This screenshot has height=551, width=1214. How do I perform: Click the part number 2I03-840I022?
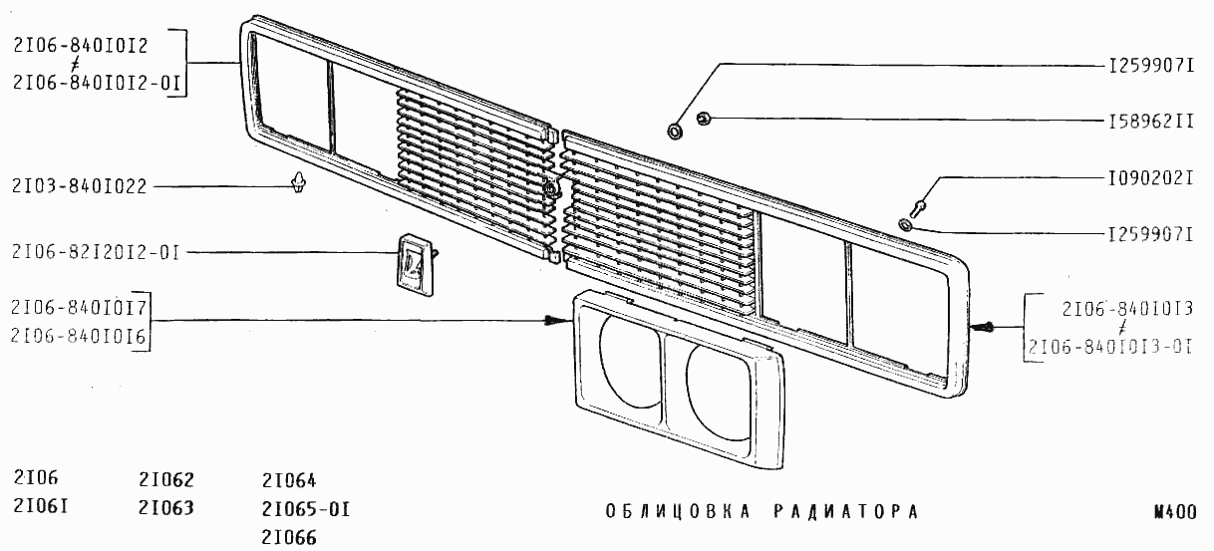click(x=79, y=186)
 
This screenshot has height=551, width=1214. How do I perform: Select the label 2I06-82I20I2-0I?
click(x=96, y=252)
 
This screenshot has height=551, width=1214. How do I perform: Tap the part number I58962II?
click(x=1151, y=122)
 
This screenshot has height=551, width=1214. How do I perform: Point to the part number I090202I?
click(x=1151, y=178)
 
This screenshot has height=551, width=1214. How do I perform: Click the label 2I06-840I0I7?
click(x=79, y=308)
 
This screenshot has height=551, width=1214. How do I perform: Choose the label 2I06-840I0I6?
click(x=79, y=337)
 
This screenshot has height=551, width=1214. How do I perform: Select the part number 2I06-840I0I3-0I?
click(x=1110, y=346)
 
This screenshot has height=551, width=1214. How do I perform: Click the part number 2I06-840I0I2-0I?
click(x=97, y=83)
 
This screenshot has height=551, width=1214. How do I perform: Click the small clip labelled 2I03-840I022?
click(x=299, y=182)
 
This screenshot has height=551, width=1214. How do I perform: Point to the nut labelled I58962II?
click(x=703, y=118)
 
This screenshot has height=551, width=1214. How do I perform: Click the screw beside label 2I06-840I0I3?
click(x=983, y=327)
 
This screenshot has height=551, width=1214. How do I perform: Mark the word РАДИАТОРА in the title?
click(x=846, y=511)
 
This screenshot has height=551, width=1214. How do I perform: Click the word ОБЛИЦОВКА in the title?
click(x=678, y=511)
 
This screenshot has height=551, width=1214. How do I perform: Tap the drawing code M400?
click(x=1175, y=512)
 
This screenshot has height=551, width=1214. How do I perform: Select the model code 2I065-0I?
click(x=306, y=509)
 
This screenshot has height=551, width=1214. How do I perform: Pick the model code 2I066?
click(x=289, y=537)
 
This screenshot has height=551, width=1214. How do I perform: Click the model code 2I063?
click(x=165, y=507)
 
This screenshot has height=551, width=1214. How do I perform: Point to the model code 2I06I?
click(x=41, y=506)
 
